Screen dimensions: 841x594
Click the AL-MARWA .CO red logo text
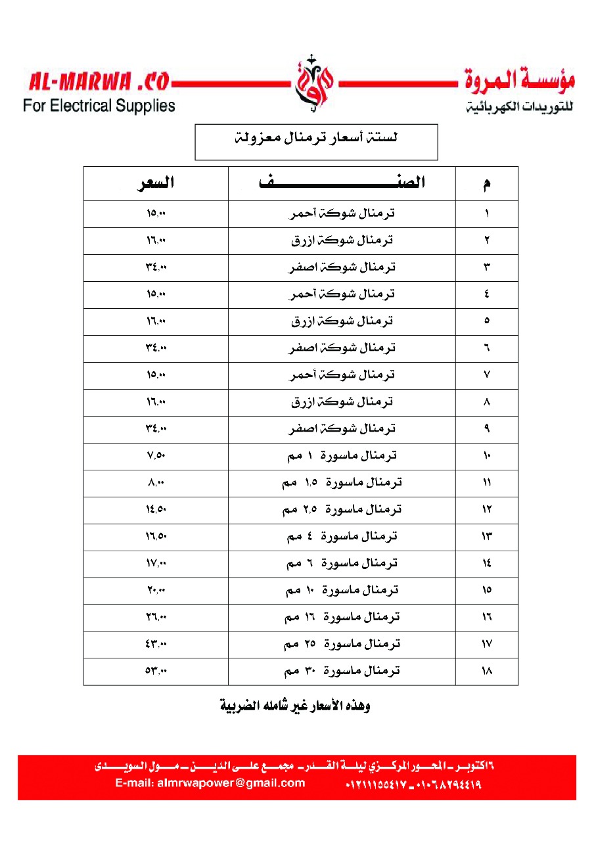point(99,82)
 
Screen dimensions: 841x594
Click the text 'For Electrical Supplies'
point(99,106)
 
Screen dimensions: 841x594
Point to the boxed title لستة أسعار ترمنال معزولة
point(316,139)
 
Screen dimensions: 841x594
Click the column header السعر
point(156,183)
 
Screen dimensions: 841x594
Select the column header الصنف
point(342,183)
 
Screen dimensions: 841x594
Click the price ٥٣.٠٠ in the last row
point(156,671)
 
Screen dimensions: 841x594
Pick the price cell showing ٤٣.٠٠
point(156,645)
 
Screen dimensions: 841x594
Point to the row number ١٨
point(487,671)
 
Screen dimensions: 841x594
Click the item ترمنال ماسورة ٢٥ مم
point(342,645)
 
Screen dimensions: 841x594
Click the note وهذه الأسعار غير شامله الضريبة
point(294,707)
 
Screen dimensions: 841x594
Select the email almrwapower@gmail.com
point(210,783)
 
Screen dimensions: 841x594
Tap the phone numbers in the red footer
point(413,784)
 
